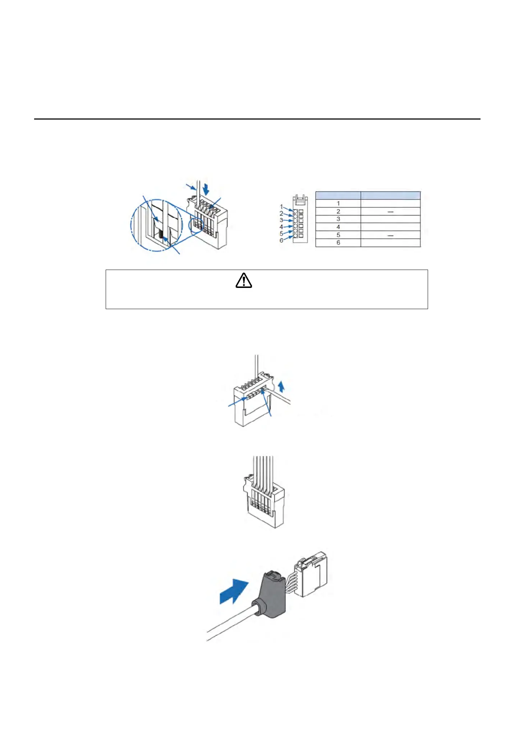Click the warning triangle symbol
(244, 281)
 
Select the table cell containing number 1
(338, 203)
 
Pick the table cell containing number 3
(338, 219)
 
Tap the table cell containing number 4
(338, 227)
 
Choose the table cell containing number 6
(338, 243)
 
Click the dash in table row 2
(390, 211)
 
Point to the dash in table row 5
(390, 235)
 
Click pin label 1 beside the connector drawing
(281, 206)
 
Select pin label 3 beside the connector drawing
(281, 220)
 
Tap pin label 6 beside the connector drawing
(281, 240)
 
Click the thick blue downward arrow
(206, 188)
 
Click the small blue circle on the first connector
(196, 225)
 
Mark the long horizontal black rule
(257, 119)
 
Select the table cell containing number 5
(338, 235)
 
